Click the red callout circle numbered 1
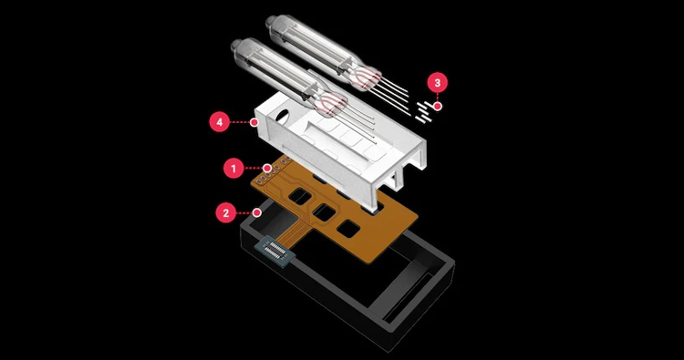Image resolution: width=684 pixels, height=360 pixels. pos(233,168)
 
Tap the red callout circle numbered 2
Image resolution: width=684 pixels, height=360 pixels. pos(226,212)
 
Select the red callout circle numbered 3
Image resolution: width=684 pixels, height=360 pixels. pos(438,82)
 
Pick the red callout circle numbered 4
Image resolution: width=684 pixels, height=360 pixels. pos(220,122)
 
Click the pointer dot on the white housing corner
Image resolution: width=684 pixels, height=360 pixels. pos(254,122)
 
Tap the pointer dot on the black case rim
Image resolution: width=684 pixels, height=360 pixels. pos(257,212)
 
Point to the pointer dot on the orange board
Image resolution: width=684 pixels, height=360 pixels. pos(267,168)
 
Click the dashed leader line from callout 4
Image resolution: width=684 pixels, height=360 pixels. pos(240,122)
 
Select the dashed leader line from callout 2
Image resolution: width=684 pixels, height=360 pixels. pos(245,212)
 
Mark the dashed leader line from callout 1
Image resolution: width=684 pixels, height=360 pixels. pos(254,168)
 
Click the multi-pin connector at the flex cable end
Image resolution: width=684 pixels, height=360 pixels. pos(275,252)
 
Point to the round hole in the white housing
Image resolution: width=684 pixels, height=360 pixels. pos(283,118)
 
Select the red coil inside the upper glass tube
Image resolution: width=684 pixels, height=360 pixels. pos(368,77)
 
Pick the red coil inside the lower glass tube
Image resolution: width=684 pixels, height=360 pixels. pos(334,104)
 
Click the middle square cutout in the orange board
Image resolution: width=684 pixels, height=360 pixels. pos(324,212)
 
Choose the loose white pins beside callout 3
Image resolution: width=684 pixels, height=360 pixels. pos(424,112)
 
